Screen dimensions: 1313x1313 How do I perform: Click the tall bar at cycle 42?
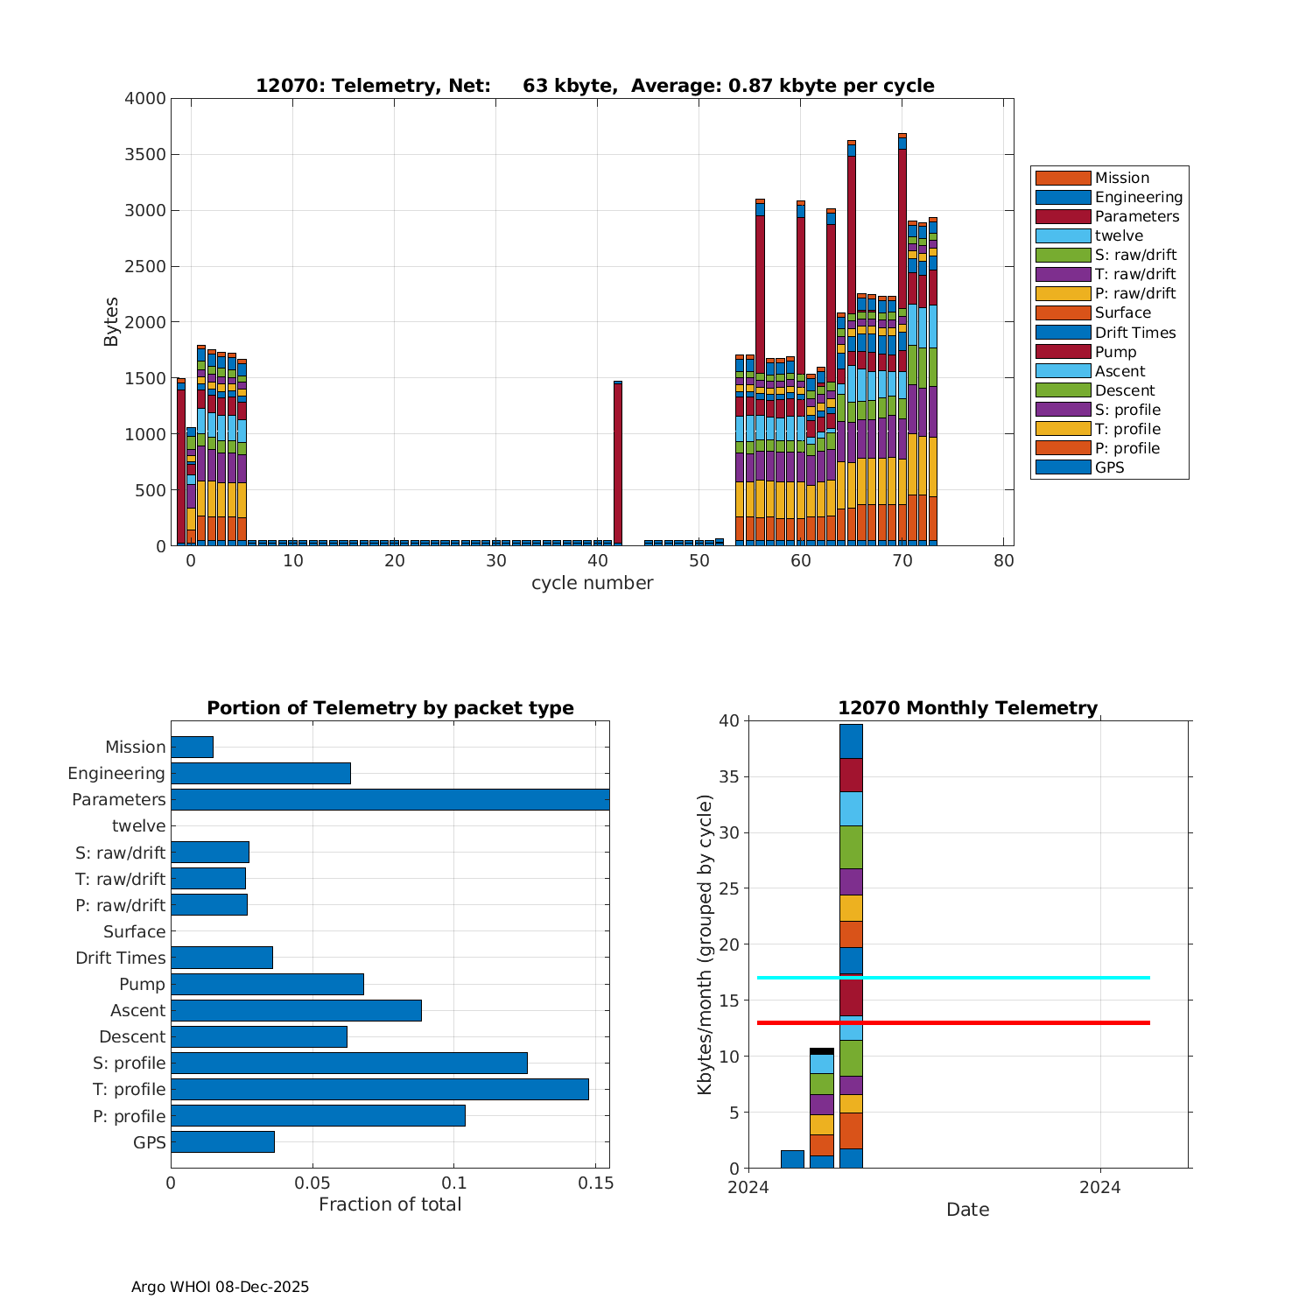tap(618, 464)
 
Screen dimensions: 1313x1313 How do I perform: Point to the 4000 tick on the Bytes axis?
tap(145, 99)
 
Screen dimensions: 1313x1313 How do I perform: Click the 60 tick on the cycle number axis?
tap(801, 561)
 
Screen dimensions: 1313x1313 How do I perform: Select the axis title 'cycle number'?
tap(592, 583)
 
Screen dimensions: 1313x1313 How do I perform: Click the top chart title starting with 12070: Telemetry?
tap(594, 86)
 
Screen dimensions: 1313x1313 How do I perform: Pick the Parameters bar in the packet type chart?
tap(390, 799)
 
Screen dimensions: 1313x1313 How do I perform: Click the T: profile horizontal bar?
tap(379, 1089)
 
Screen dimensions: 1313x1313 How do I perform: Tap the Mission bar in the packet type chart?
tap(192, 747)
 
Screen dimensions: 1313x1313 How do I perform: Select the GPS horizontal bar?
tap(222, 1141)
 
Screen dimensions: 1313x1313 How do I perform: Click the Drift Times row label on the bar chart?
tap(120, 958)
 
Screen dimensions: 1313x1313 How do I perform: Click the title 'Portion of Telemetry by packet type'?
tap(390, 708)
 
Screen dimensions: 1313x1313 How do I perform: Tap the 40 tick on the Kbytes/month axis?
tap(729, 721)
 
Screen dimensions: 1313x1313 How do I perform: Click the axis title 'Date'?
tap(967, 1210)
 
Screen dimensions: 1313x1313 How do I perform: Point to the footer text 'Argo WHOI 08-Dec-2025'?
tap(220, 1287)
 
